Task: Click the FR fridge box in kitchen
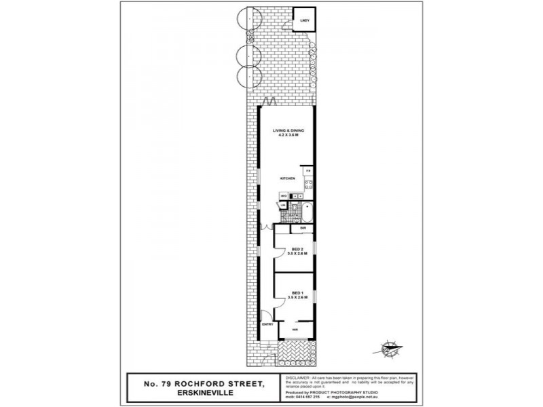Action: tap(308, 170)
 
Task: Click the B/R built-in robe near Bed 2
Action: tap(303, 229)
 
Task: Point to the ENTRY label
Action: tap(267, 325)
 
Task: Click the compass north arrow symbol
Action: tap(392, 350)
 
